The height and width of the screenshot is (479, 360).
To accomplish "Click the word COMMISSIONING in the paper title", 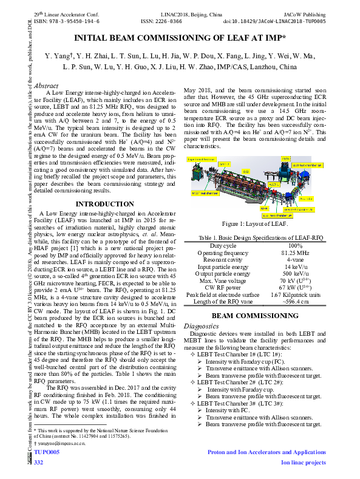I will [184, 38].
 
